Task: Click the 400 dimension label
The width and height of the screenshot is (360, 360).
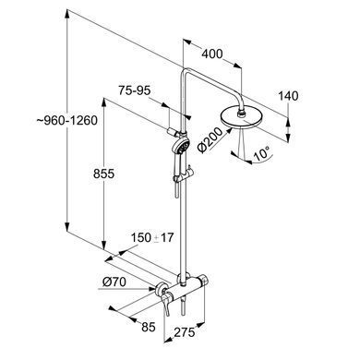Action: tap(212, 54)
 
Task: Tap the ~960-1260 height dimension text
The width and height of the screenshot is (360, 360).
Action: tap(67, 120)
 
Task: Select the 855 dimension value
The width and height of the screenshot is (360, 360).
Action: tap(103, 174)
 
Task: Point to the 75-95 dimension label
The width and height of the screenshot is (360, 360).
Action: tap(135, 90)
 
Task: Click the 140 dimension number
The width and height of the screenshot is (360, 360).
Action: tap(288, 96)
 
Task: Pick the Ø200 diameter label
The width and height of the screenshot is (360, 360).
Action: tap(210, 140)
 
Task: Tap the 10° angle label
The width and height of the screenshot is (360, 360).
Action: tap(261, 153)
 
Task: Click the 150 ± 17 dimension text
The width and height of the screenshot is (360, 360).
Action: tap(152, 237)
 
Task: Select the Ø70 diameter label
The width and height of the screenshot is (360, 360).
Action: tap(114, 282)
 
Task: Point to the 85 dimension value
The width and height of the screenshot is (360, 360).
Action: tap(149, 327)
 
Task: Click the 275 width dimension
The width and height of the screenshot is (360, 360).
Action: tap(185, 332)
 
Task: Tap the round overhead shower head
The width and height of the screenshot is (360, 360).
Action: tap(241, 117)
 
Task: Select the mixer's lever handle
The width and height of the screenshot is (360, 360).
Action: tap(166, 303)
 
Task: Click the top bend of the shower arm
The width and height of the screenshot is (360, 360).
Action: tap(186, 71)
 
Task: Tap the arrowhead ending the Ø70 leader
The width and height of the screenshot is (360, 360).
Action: tap(151, 289)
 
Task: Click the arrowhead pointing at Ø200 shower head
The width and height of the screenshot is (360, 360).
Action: tap(229, 130)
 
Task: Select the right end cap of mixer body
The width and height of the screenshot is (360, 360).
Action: tap(202, 281)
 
